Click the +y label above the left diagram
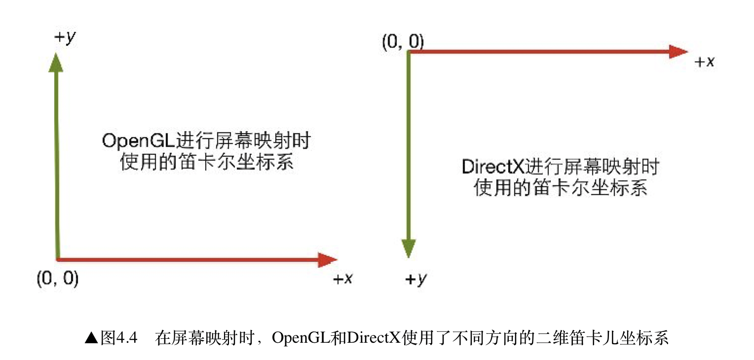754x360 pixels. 66,38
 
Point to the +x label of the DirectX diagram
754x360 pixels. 705,62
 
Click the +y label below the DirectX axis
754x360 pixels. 415,280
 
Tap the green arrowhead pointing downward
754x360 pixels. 408,248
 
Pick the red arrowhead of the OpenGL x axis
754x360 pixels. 327,259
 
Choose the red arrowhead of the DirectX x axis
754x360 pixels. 678,51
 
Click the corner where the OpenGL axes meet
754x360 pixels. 58,258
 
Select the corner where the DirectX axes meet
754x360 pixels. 409,52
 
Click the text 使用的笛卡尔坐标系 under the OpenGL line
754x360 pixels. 207,162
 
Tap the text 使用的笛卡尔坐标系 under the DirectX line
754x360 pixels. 561,188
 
